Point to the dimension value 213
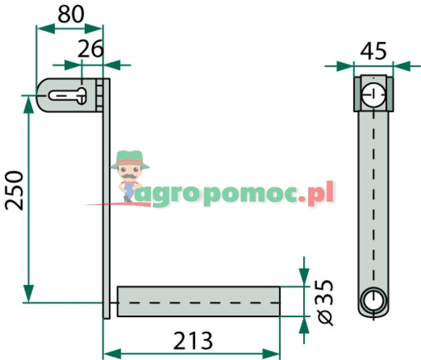[192, 342]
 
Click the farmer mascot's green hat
[131, 158]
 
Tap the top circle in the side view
[373, 93]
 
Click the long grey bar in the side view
[373, 196]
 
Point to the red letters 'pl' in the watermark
[324, 192]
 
